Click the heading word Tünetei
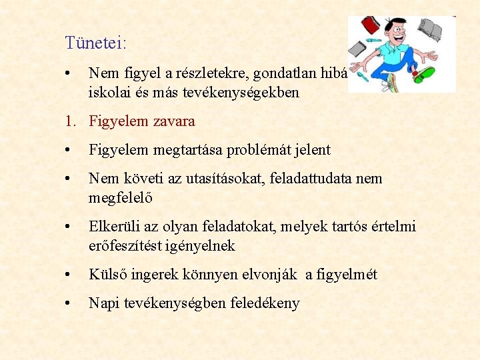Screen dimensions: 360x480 (95, 43)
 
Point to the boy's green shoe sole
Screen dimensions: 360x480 (424, 74)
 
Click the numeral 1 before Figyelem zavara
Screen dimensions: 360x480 (69, 121)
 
